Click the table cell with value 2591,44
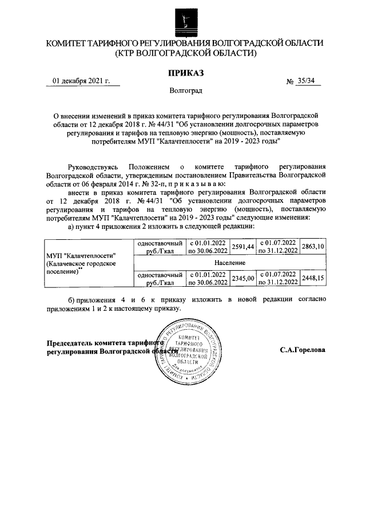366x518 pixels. (242, 246)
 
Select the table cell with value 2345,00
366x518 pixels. (242, 278)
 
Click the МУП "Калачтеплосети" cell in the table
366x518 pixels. (88, 262)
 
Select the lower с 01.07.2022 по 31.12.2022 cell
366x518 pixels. (278, 278)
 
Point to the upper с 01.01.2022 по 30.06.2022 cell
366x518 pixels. (208, 247)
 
